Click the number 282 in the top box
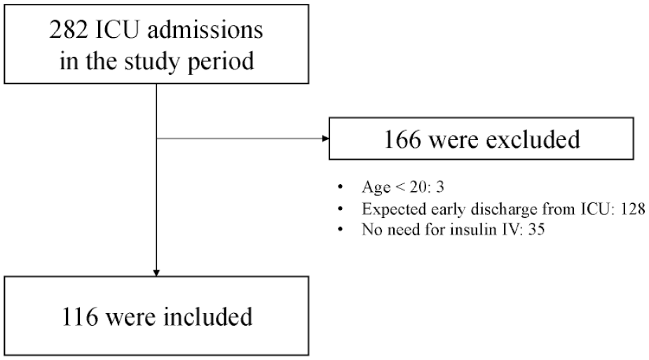click(x=68, y=30)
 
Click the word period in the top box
click(x=221, y=62)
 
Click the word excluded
click(x=533, y=139)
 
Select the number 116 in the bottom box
click(x=80, y=317)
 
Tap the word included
click(x=207, y=317)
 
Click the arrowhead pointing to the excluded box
click(x=326, y=139)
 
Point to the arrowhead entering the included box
click(x=156, y=273)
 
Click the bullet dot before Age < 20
click(x=340, y=187)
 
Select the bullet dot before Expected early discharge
click(x=340, y=209)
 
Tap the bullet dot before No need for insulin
click(x=340, y=229)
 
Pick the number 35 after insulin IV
click(x=536, y=229)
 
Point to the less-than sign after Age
click(x=400, y=187)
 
